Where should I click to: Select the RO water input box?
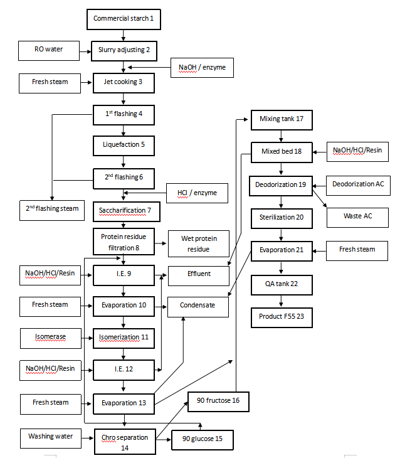coord(49,49)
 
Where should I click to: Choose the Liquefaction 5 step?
coord(124,145)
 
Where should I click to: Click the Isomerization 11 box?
coord(124,338)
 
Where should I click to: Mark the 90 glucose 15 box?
coord(203,439)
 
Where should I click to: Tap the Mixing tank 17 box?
coord(282,119)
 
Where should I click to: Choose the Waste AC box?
coord(358,216)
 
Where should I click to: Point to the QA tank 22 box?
coord(282,284)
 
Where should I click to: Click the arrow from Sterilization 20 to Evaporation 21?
coord(282,234)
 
